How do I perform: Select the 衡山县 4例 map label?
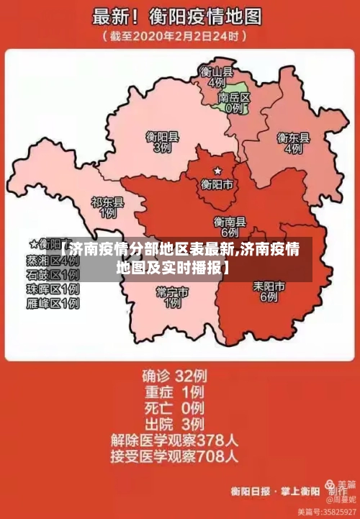[217, 77]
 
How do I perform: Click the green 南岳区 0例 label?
[233, 102]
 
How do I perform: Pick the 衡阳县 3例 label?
[162, 141]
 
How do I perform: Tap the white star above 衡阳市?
[217, 171]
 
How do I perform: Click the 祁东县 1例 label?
[107, 208]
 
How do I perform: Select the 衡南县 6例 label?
[230, 227]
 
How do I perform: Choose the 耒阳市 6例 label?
[269, 291]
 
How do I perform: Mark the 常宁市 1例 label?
[172, 297]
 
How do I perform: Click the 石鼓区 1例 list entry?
[53, 275]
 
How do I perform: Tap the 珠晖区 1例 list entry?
[53, 289]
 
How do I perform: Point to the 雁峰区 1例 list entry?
[53, 304]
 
